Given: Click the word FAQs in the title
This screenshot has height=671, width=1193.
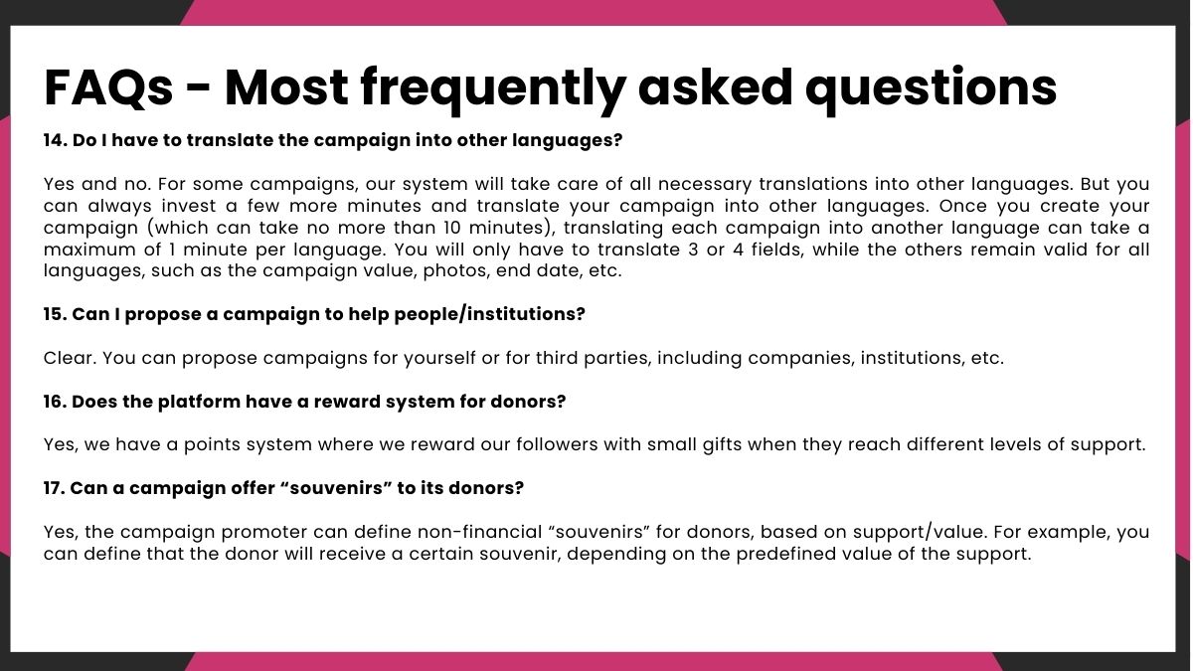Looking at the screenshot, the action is click(x=108, y=87).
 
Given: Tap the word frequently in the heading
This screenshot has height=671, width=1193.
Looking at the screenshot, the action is click(x=493, y=89).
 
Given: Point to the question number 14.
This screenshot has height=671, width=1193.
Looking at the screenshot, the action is click(x=56, y=140).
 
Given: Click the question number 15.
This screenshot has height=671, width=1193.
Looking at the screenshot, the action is click(x=56, y=314).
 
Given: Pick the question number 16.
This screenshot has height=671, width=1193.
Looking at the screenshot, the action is click(x=56, y=402).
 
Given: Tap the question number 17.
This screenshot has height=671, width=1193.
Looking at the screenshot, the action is click(x=55, y=488).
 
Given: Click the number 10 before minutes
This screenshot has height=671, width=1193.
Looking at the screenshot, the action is click(x=451, y=228).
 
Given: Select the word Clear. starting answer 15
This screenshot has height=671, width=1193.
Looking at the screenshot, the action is click(x=70, y=358).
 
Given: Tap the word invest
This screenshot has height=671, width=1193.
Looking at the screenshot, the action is click(x=185, y=206).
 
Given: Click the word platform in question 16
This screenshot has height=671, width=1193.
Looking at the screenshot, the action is click(x=199, y=402).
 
